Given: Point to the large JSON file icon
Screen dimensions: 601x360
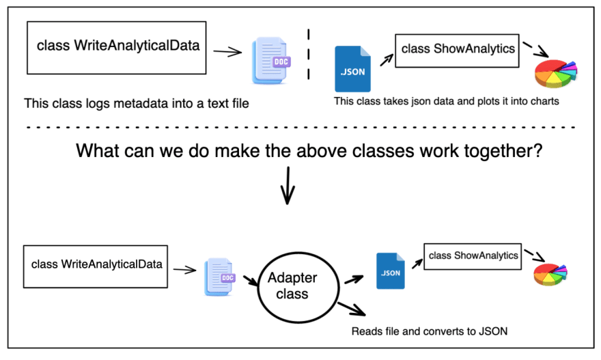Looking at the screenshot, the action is [x=352, y=69].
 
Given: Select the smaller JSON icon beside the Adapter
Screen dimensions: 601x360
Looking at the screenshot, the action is [x=390, y=271].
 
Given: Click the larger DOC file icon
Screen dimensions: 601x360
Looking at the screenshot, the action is [x=270, y=61].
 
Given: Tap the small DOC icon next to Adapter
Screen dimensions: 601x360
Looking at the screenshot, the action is [x=219, y=277].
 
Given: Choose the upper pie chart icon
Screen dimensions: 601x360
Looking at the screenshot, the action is [x=556, y=73].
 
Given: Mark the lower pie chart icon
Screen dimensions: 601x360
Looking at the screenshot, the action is [x=550, y=274].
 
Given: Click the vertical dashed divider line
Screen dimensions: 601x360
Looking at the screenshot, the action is [x=309, y=54].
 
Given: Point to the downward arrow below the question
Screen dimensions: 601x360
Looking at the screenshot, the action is [x=288, y=186].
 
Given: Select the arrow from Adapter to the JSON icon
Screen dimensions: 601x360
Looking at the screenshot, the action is [x=354, y=279].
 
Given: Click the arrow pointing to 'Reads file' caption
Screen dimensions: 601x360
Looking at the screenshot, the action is [x=352, y=309].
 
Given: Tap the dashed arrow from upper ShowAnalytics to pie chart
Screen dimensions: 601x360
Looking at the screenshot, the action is [x=536, y=49].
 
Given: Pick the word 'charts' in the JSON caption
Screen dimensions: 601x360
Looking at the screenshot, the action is [x=545, y=101].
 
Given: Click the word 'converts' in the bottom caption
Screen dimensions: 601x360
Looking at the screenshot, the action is [x=444, y=331].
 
